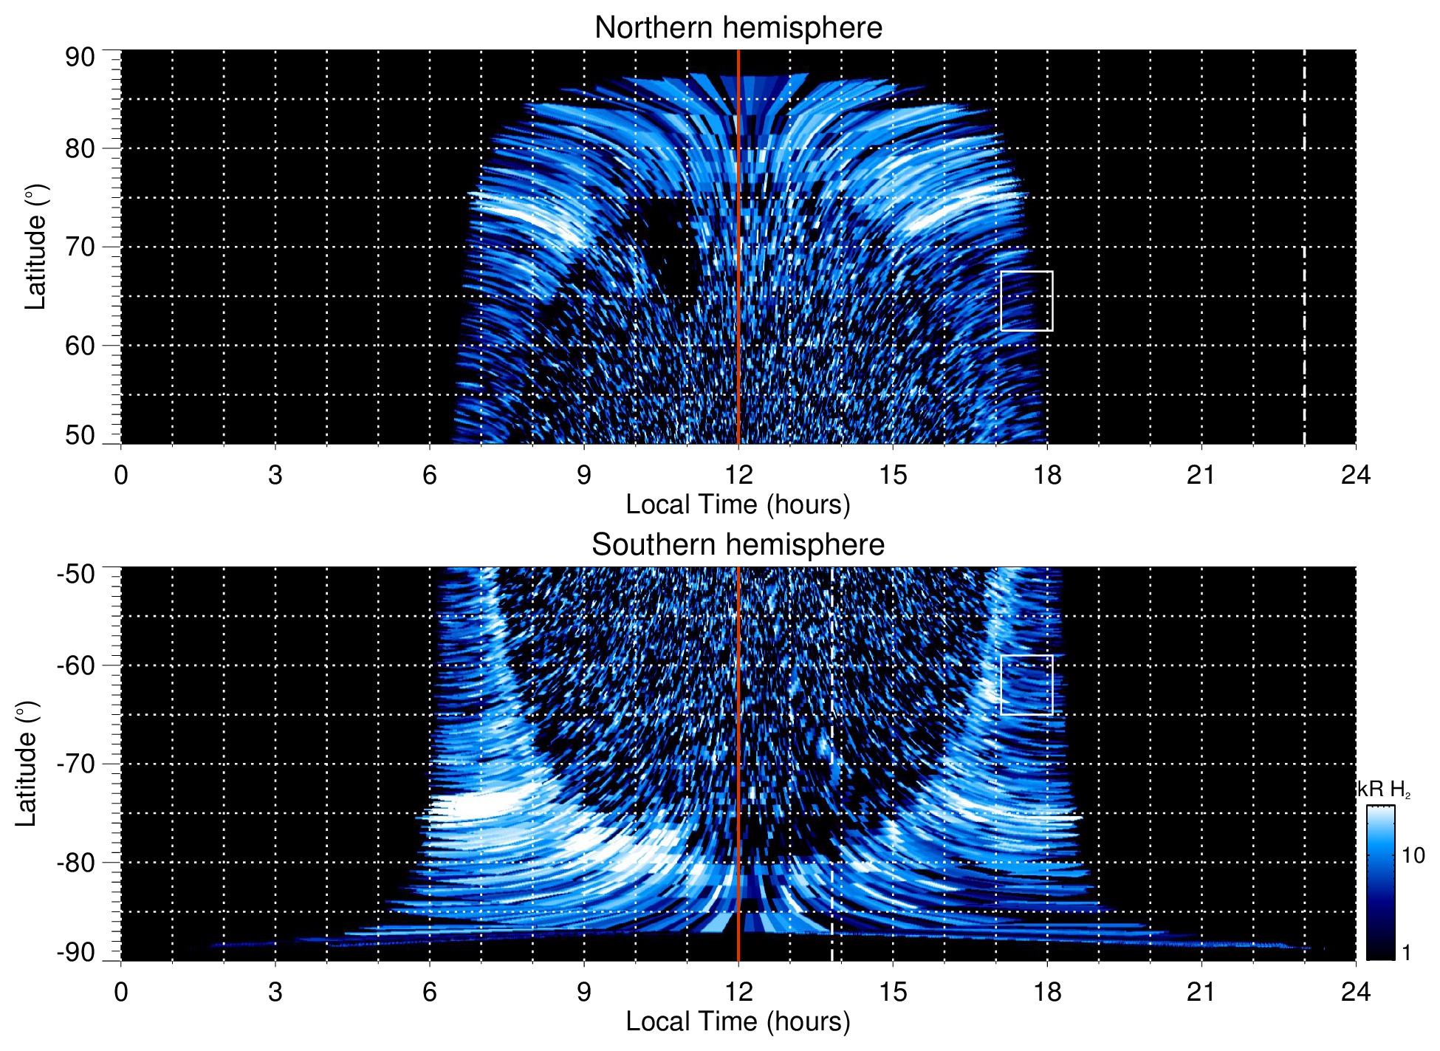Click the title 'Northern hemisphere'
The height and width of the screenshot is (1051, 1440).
tap(738, 28)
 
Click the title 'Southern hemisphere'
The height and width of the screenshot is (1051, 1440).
tap(738, 545)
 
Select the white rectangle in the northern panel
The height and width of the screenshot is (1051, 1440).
tap(1026, 301)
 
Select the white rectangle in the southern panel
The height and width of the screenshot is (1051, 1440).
tap(1026, 685)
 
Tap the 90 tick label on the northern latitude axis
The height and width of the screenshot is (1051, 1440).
tap(80, 58)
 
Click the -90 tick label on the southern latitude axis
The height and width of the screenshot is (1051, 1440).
tap(76, 953)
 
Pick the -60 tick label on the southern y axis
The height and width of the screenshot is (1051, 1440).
tap(76, 665)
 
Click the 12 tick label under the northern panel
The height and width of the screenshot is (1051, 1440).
tap(738, 474)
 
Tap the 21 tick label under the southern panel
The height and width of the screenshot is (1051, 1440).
tap(1201, 991)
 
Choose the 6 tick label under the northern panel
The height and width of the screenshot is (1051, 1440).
tap(430, 474)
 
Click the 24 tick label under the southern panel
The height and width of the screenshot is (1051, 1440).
tap(1355, 991)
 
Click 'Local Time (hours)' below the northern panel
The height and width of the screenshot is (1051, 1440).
tap(738, 504)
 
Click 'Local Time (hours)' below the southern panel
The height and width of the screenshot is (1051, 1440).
tap(738, 1021)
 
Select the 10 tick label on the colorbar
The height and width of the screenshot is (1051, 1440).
tap(1413, 855)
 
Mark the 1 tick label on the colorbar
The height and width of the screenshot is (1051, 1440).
tap(1406, 953)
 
